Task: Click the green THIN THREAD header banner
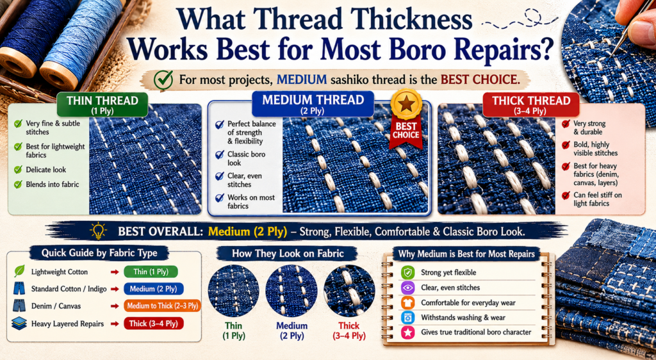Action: coord(102,104)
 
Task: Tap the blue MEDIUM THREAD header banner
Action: coord(313,104)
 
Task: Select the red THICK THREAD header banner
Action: coord(531,104)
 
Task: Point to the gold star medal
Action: coord(406,104)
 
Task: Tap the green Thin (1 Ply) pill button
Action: coord(151,272)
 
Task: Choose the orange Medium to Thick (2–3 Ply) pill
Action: coord(163,306)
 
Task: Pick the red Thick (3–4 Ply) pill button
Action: coord(154,323)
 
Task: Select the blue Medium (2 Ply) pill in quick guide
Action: coord(154,289)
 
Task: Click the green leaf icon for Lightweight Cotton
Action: coord(19,272)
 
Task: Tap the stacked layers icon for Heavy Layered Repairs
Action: coord(19,323)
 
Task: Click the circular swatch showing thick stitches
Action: coord(349,291)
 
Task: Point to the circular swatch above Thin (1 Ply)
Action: coord(233,291)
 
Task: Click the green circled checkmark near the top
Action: coord(163,80)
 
